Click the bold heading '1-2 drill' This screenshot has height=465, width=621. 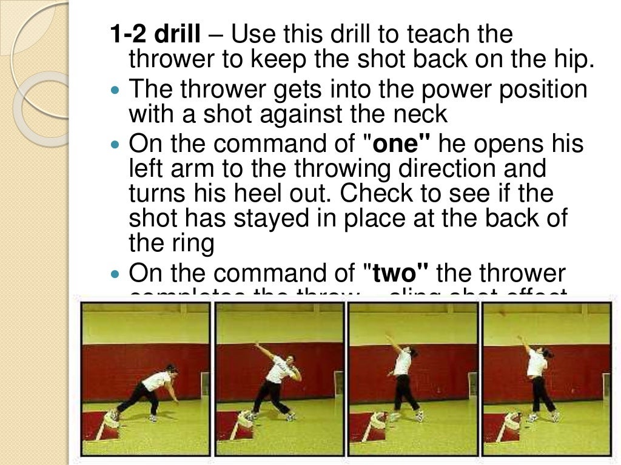[x=155, y=35]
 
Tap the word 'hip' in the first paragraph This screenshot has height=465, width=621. [x=576, y=59]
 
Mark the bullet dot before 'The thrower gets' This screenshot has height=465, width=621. [x=117, y=91]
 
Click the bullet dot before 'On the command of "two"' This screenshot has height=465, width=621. [x=117, y=274]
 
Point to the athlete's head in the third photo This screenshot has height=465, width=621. [x=412, y=351]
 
